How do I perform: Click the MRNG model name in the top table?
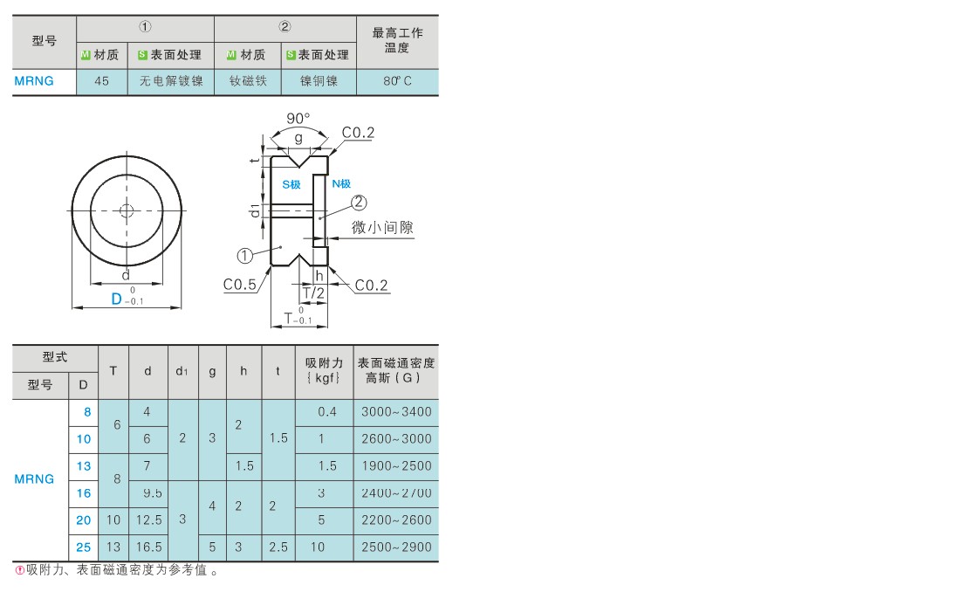coord(34,81)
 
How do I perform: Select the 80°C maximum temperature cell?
coord(397,81)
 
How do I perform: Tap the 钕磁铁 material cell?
coord(248,81)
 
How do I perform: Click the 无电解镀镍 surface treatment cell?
coord(171,81)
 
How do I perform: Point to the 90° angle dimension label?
coord(298,118)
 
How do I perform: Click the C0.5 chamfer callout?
coord(239,285)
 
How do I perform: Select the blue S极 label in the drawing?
coord(291,184)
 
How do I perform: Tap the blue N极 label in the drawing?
coord(341,184)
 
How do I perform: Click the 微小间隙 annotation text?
coord(382,227)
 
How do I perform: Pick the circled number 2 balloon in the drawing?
coord(358,203)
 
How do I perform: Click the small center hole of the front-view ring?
coord(127,210)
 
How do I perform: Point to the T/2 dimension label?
coord(313,293)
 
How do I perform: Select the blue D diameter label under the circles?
coord(116,299)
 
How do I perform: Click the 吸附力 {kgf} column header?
coord(324,370)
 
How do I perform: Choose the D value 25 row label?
coord(83,547)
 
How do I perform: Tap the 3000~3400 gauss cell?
coord(396,412)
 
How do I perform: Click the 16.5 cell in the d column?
coord(148,547)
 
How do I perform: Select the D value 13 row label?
coord(83,466)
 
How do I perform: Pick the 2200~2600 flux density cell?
coord(396,520)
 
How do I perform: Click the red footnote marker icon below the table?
coord(19,570)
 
